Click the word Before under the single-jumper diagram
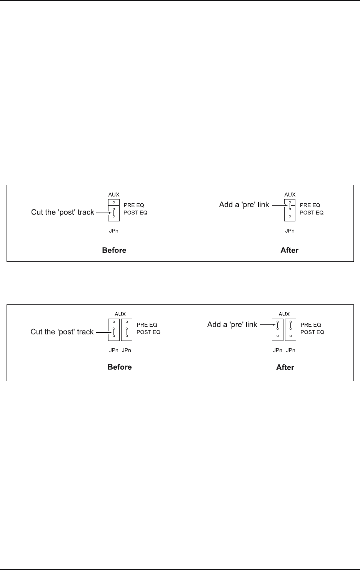(114, 250)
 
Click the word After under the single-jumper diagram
(289, 250)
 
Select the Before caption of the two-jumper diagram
(120, 367)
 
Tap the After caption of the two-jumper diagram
(285, 367)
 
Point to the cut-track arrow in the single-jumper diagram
(103, 212)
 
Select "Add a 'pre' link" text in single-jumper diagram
(244, 205)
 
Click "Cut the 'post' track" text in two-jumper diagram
(62, 332)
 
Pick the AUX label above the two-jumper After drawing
(284, 314)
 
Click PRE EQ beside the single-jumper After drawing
(310, 205)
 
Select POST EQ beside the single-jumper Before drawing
(135, 213)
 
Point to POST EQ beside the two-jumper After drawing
(312, 332)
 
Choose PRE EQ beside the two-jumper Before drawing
(147, 325)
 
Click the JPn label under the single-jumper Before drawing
(114, 231)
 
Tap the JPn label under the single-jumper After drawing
(290, 231)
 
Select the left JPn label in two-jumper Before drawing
(114, 351)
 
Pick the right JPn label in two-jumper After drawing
(291, 351)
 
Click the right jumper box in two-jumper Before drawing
(127, 330)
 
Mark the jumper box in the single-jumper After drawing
(290, 210)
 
